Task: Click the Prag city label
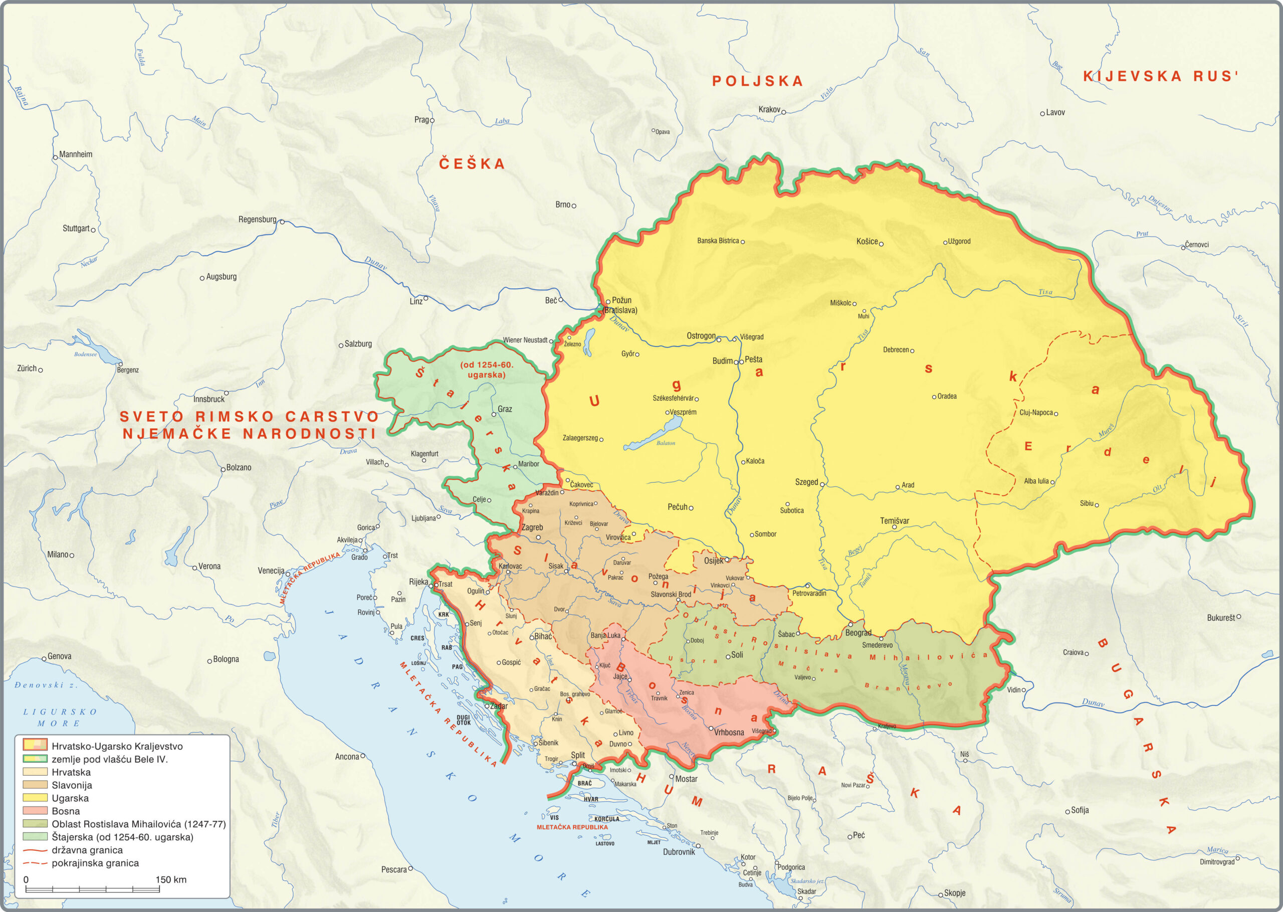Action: pos(421,120)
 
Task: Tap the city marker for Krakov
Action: pos(783,112)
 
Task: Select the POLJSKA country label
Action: pos(757,81)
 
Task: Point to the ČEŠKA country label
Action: pos(472,163)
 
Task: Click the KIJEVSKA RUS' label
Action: pos(1160,76)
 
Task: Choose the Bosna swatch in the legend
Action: pos(35,810)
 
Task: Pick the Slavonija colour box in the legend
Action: pos(35,785)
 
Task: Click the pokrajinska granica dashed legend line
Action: pos(35,862)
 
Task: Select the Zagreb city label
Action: pos(532,527)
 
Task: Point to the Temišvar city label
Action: pos(894,520)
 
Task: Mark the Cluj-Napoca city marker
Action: pos(1055,413)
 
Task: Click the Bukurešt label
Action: pos(1220,618)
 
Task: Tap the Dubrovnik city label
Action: pos(679,852)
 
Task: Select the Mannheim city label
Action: pos(75,154)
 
